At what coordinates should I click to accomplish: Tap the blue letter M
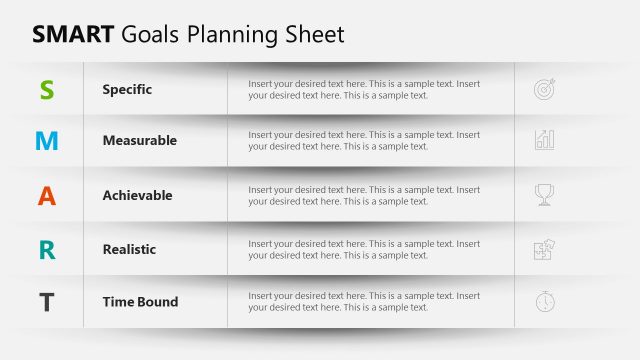(47, 141)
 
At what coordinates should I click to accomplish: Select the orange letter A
(47, 196)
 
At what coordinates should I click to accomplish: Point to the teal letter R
(47, 249)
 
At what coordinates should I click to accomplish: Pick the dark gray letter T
(47, 302)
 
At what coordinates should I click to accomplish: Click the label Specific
(127, 89)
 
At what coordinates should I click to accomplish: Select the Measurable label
(139, 141)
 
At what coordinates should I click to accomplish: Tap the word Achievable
(137, 196)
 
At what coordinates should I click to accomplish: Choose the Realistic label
(129, 249)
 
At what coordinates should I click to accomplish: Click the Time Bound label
(140, 302)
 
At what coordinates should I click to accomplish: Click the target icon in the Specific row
(545, 89)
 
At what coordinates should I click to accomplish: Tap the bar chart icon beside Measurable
(545, 140)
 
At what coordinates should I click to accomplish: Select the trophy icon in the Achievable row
(545, 195)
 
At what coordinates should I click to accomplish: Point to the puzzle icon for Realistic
(545, 249)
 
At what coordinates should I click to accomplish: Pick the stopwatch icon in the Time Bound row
(545, 301)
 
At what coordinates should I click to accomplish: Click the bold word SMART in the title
(73, 35)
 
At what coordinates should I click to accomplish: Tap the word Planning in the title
(237, 35)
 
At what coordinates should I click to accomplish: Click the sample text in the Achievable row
(364, 196)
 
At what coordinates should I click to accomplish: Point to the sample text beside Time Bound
(364, 302)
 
